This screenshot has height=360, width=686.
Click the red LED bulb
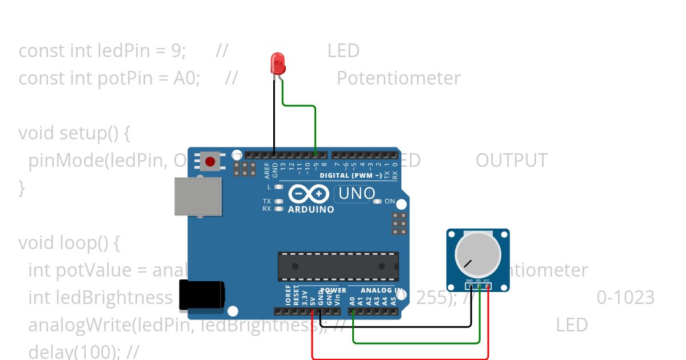278,63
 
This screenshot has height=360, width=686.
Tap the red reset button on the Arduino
210,161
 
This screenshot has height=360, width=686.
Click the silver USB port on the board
198,196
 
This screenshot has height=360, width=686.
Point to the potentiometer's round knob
477,255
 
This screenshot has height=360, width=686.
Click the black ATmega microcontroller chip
338,266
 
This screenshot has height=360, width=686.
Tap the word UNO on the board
357,194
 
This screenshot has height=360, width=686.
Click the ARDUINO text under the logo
311,209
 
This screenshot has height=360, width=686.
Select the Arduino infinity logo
309,194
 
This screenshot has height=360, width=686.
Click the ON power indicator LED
377,201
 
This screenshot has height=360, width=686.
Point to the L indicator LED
279,187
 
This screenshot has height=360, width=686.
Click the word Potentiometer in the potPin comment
398,78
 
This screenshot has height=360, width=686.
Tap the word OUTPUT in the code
511,161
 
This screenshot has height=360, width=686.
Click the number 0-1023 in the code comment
625,298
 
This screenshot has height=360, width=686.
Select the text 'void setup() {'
74,133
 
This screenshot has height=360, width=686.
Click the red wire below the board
400,358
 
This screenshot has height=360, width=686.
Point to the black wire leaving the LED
274,114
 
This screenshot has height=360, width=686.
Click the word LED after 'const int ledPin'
343,51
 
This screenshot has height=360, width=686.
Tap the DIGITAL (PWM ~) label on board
350,175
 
